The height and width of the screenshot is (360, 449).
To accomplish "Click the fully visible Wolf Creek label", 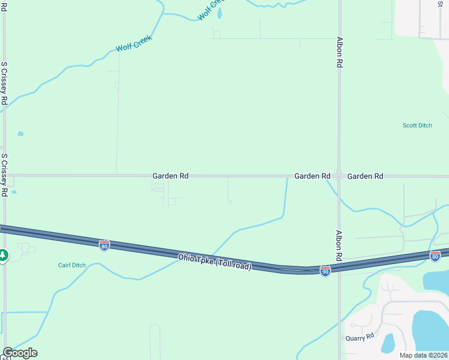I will [x=134, y=43].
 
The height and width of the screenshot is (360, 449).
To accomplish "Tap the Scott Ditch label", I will [x=417, y=125].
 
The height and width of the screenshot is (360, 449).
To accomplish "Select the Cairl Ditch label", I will [x=72, y=265].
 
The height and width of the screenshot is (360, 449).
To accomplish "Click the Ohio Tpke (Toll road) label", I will [x=214, y=262].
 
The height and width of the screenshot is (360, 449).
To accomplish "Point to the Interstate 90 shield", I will [x=325, y=271].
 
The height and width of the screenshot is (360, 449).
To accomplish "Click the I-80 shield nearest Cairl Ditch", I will [x=104, y=245].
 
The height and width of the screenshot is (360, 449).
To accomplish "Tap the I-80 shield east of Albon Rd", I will [x=435, y=255].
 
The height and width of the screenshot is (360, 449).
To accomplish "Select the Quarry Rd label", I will [x=360, y=338].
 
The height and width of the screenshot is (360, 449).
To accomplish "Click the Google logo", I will [x=20, y=353].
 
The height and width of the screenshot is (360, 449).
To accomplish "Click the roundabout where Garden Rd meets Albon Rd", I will [x=339, y=176].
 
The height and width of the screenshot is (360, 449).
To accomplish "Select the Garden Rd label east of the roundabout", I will [x=365, y=176].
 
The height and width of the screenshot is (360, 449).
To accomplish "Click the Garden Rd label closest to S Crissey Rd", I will [x=170, y=176].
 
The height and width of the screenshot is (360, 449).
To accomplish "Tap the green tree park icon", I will [x=3, y=255].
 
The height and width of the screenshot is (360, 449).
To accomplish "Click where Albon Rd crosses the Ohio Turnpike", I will [x=339, y=268].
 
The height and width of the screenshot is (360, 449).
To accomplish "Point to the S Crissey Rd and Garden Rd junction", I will [x=5, y=175].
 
